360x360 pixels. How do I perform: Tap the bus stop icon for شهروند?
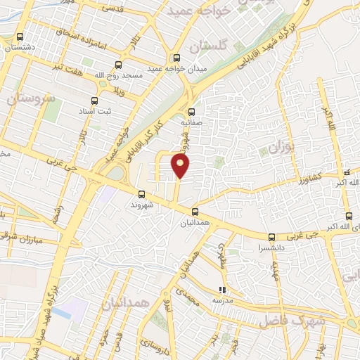pyautogui.click(x=141, y=194)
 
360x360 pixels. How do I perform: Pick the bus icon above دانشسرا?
pyautogui.click(x=271, y=237)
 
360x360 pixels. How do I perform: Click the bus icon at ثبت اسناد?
pyautogui.click(x=95, y=101)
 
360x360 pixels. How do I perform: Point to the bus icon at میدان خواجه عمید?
pyautogui.click(x=176, y=58)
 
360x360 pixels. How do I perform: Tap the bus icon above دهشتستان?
pyautogui.click(x=20, y=37)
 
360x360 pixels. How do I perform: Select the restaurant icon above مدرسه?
pyautogui.click(x=222, y=289)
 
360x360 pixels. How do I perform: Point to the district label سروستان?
pyautogui.click(x=31, y=98)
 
